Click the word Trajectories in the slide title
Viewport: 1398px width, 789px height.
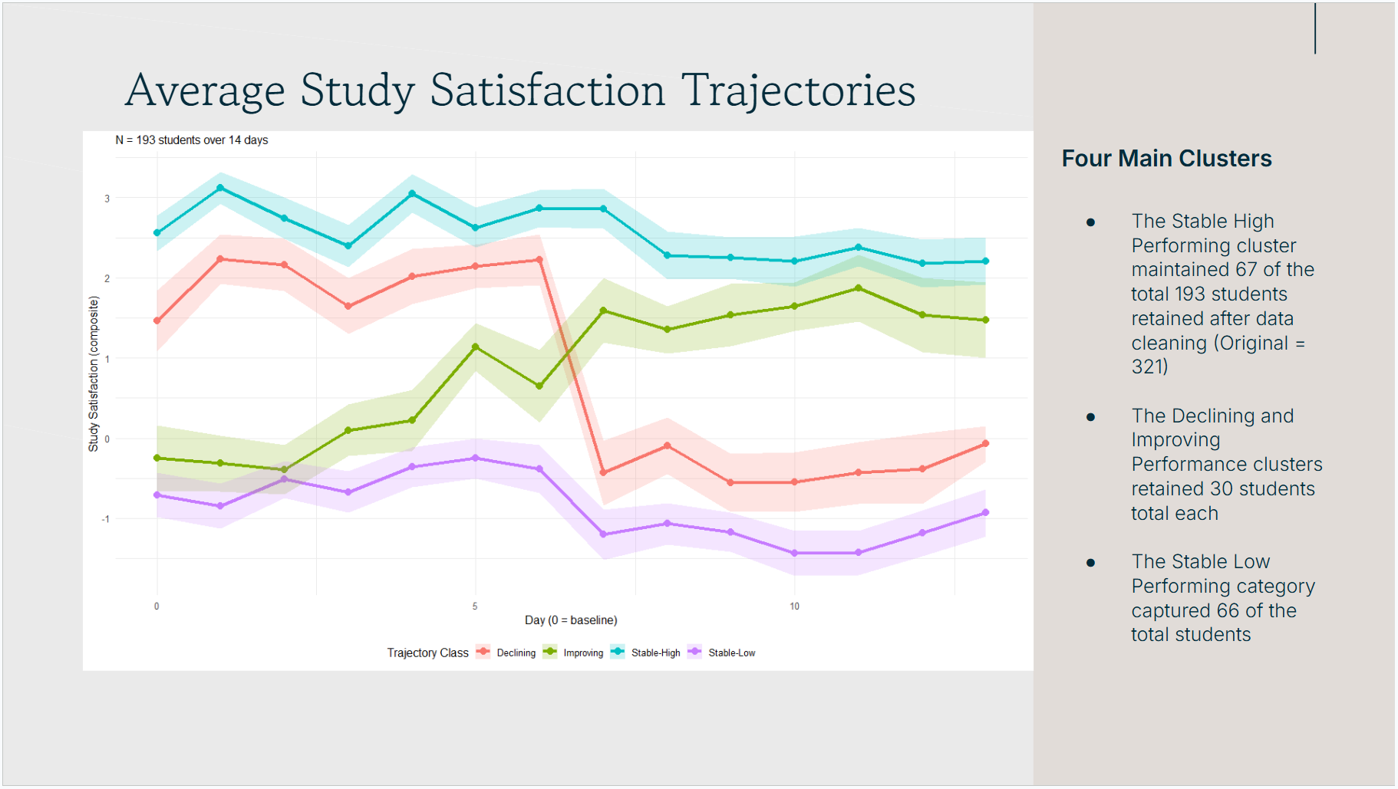[798, 91]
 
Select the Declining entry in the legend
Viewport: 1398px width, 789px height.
[516, 653]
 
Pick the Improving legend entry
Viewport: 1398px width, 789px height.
[583, 653]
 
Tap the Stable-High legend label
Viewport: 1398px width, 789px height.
[655, 653]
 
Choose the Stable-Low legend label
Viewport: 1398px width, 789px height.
[731, 653]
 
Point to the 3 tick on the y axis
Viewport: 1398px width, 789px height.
[107, 199]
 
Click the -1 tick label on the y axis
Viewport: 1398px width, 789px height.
[106, 519]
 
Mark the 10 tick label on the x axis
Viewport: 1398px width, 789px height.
[794, 607]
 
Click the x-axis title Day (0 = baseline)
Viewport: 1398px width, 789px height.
[571, 620]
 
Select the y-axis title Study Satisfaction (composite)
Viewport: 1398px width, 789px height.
[94, 374]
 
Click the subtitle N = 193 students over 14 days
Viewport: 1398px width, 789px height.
[192, 140]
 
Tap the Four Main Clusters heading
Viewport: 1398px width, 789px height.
[1166, 159]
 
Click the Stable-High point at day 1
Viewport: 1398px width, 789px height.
[220, 188]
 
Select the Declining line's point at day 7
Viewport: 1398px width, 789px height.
[603, 472]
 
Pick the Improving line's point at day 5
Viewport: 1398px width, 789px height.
[476, 347]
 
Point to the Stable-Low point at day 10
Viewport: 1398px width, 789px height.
[794, 553]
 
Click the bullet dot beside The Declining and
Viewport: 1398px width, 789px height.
[1090, 417]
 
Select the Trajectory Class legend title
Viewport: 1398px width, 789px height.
[427, 653]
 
